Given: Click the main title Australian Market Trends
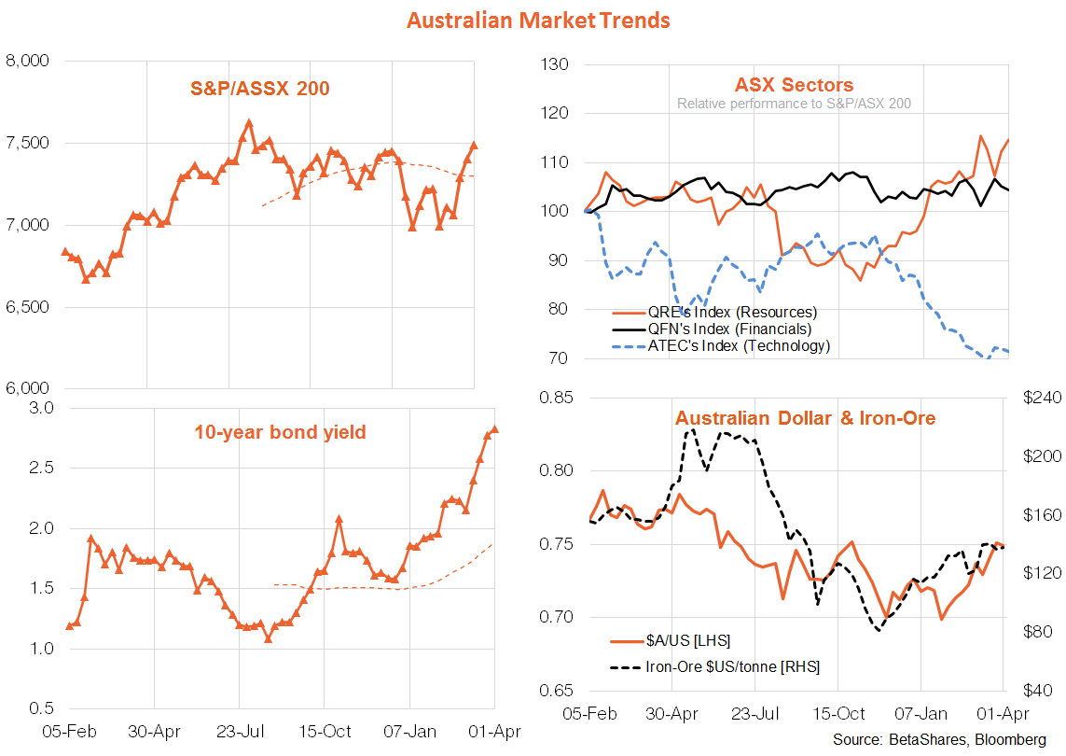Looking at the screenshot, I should coord(537,19).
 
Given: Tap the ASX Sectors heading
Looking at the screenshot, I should coord(794,86).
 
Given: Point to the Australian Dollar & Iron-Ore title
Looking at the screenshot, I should coord(805,417).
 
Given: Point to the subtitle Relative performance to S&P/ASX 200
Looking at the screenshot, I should coord(794,104).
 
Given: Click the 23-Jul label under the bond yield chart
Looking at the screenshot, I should coord(239,731).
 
